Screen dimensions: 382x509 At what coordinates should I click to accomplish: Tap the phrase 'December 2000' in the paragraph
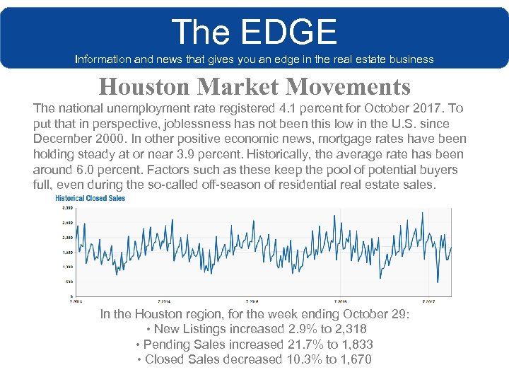[x=74, y=139]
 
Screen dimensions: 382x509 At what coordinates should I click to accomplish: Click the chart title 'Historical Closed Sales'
[x=90, y=198]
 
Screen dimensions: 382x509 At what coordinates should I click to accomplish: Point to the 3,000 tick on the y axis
[x=68, y=208]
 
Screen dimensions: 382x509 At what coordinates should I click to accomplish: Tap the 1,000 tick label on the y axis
[x=68, y=267]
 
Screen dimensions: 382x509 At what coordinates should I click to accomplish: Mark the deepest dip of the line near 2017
[x=438, y=282]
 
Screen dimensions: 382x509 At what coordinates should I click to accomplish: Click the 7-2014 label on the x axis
[x=164, y=300]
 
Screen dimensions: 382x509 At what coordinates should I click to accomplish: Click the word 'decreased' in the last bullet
[x=257, y=360]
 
